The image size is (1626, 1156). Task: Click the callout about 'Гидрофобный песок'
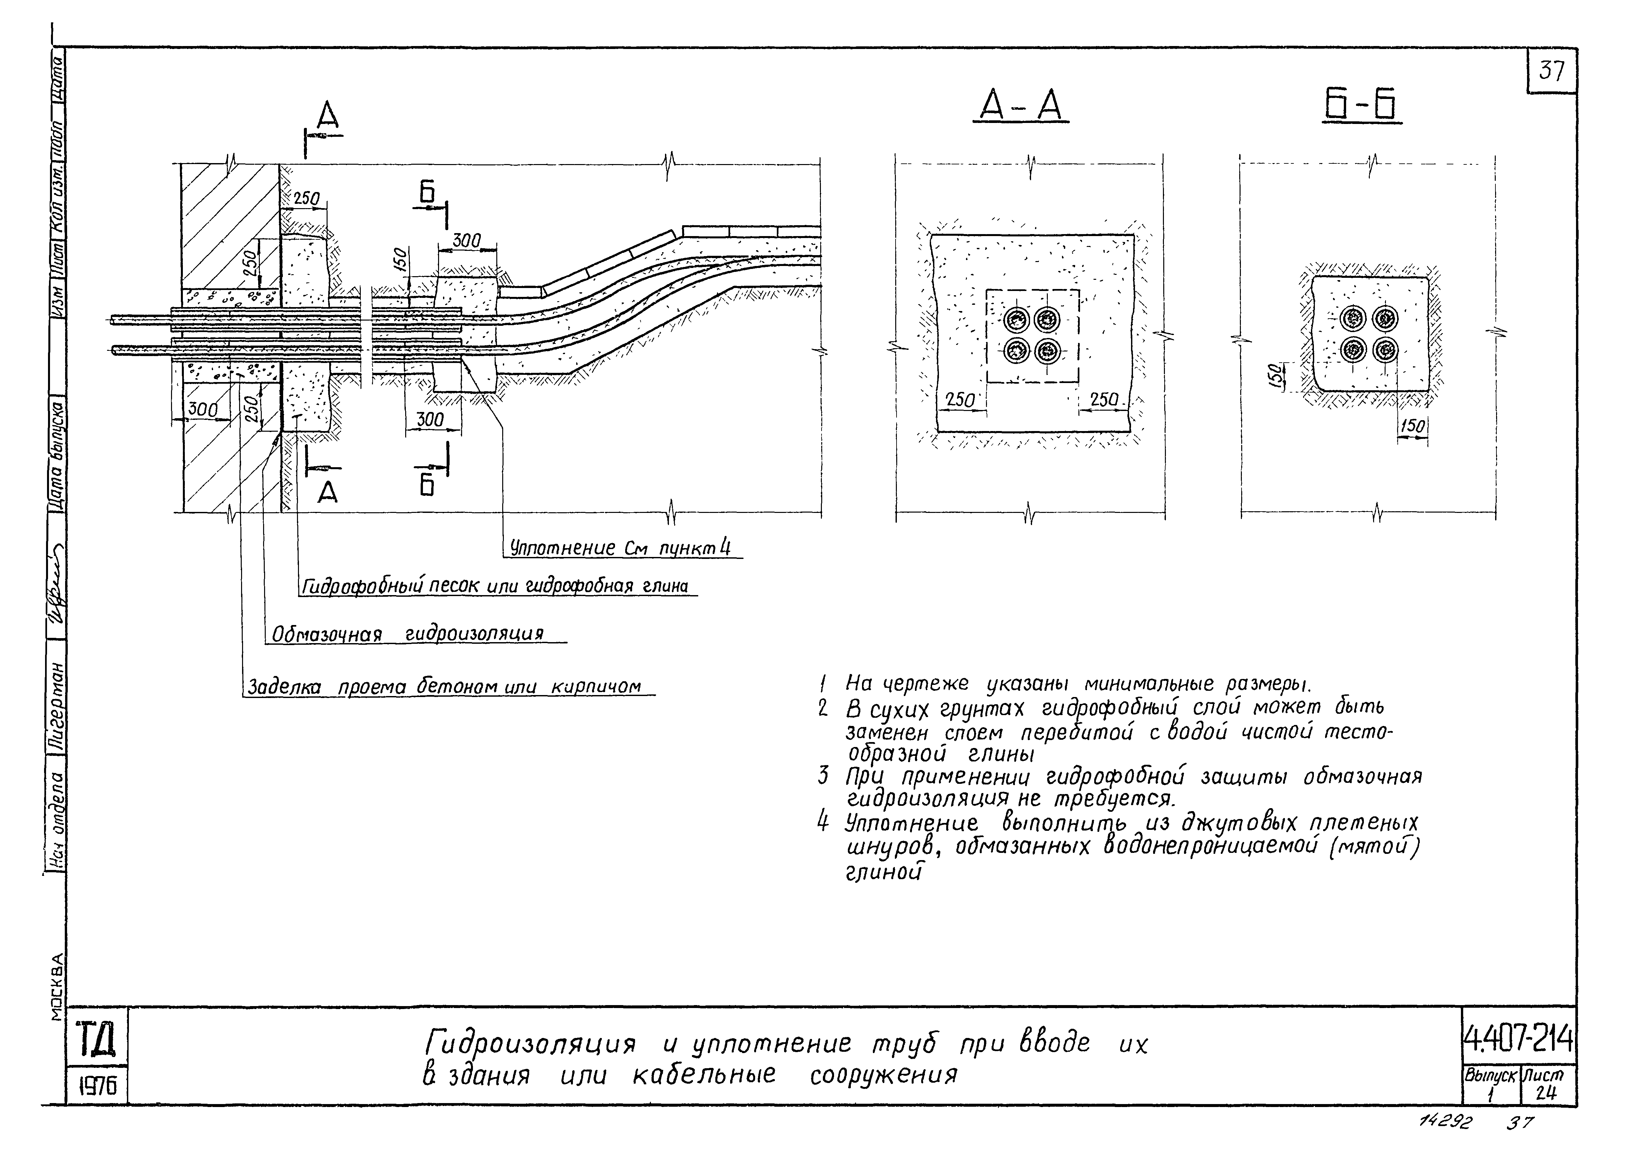pyautogui.click(x=495, y=586)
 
